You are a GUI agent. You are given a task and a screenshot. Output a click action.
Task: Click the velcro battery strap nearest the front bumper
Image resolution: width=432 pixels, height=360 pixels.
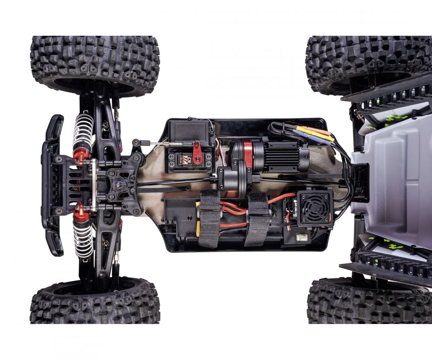pyautogui.click(x=210, y=218)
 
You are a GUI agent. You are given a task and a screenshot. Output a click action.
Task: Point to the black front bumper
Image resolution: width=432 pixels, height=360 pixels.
pyautogui.click(x=51, y=186)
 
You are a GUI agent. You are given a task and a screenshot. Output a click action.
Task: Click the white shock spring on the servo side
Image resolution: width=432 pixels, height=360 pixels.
pyautogui.click(x=83, y=132)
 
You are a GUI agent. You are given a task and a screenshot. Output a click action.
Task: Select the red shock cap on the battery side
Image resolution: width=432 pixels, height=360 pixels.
pyautogui.click(x=80, y=213)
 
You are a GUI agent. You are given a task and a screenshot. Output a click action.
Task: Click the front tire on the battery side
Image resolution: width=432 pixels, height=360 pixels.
pyautogui.click(x=95, y=300)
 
